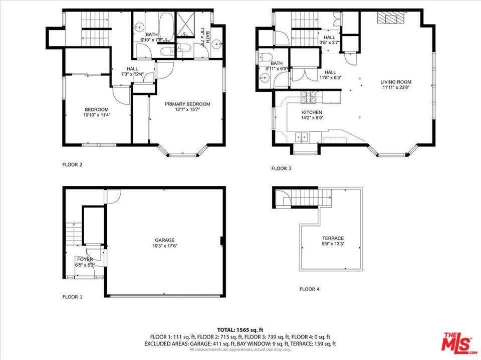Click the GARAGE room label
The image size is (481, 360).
point(164,239)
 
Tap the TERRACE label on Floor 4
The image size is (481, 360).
point(333,238)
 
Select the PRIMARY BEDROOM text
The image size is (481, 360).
point(187,104)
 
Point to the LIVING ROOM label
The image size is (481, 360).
point(396,82)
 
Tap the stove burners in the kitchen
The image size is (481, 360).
point(307,94)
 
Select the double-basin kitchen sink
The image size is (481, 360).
point(302,135)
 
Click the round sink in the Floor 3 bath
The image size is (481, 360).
point(263,78)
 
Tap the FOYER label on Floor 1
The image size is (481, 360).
point(84,259)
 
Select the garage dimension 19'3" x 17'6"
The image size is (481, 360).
point(164,245)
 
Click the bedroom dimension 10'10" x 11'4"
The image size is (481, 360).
point(96,115)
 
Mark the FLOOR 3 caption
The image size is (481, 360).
point(281,168)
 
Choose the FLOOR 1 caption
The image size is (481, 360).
point(72,297)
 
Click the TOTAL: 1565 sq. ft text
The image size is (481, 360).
point(240,329)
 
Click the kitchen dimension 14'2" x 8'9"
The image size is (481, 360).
point(312,118)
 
